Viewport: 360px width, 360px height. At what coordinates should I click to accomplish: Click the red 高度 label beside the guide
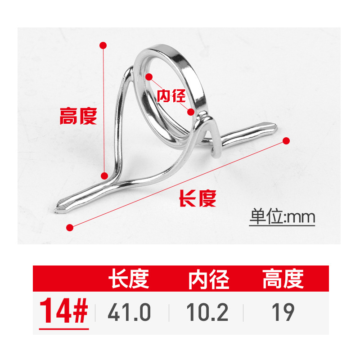coord(78,117)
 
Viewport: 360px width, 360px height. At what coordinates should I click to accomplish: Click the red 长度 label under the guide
coord(198,198)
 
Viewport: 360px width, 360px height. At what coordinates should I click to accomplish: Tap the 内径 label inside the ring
coord(171,95)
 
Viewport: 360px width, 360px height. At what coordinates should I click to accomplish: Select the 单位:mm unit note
coord(283,218)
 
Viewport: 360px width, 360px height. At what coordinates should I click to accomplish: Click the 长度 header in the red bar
coord(128,279)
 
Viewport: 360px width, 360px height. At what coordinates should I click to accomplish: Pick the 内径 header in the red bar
coord(209,279)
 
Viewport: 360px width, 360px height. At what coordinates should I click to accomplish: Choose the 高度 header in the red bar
coord(283,279)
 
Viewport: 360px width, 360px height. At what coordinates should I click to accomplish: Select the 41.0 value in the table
coord(129,312)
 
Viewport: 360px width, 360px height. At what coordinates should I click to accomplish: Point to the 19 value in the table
coord(283,312)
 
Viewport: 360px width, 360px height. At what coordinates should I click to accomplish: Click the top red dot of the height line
coord(103,45)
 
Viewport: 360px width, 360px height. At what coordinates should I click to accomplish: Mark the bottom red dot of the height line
coord(104,176)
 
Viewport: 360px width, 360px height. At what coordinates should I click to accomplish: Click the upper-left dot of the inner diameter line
coord(149,77)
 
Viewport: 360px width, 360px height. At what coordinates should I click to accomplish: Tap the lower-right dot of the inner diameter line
coord(191,111)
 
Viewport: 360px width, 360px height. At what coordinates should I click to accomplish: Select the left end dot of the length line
coord(69,226)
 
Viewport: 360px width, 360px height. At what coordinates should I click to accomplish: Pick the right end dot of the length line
coord(285,141)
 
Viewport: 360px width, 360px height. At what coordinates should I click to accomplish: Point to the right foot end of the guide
coord(274,126)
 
